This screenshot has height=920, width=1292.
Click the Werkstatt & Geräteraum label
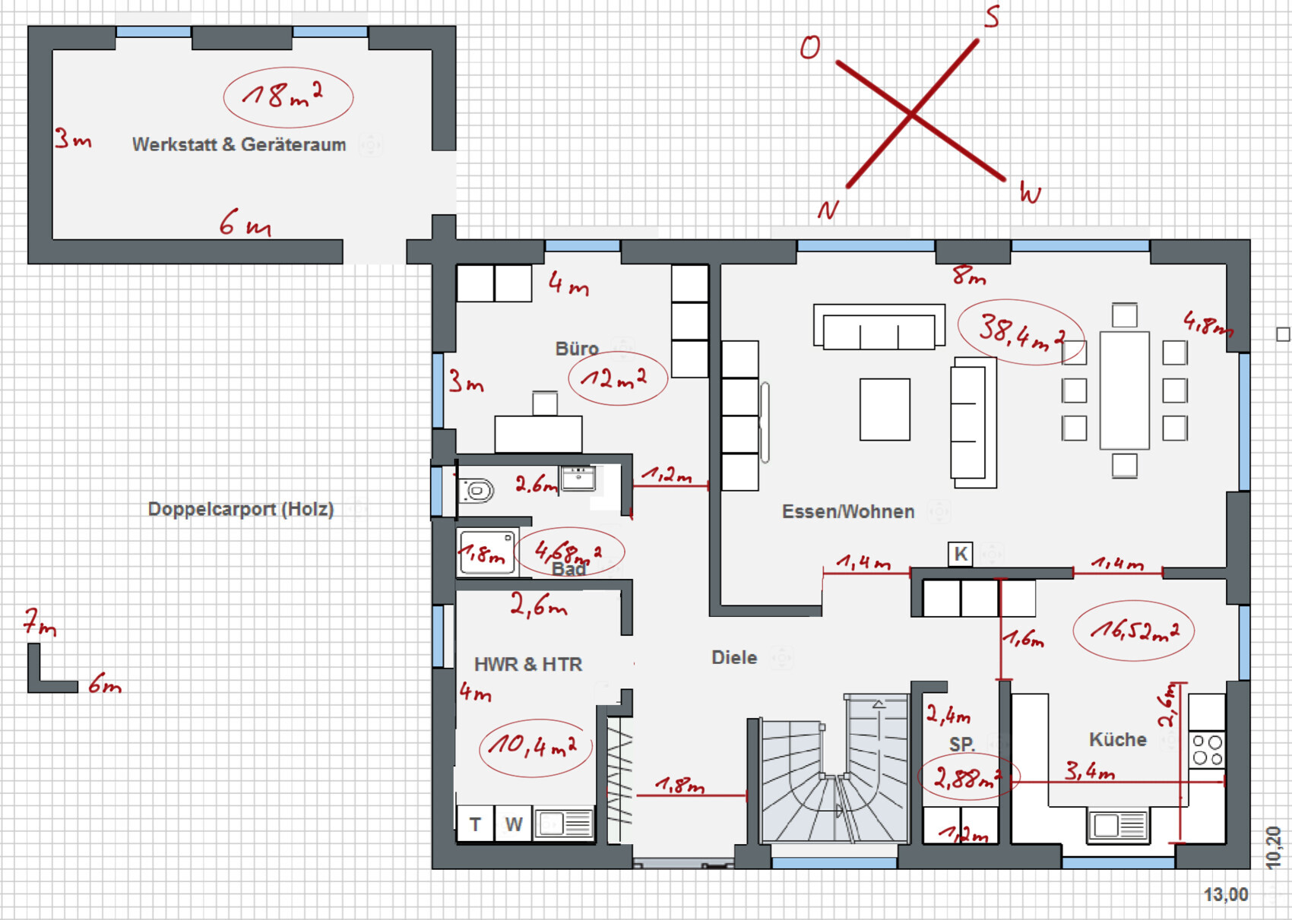point(239,144)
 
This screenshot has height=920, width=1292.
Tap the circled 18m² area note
point(288,96)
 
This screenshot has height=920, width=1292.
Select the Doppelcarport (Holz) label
point(240,510)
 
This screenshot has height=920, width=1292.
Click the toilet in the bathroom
point(477,491)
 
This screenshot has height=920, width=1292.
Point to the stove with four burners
point(1207,750)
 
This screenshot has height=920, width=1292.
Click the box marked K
point(961,554)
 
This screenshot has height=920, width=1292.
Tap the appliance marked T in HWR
point(475,824)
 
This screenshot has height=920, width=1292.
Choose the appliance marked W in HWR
point(513,824)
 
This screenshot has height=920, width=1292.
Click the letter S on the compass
point(991,17)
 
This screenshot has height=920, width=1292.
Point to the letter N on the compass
point(828,210)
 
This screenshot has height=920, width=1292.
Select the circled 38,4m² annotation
point(1021,333)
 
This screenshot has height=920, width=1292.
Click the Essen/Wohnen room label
point(848,512)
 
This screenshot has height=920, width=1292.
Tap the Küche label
point(1117,740)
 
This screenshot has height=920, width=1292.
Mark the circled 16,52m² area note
point(1133,631)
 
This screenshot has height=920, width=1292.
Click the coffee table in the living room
point(885,409)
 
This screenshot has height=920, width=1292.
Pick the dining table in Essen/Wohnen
point(1124,390)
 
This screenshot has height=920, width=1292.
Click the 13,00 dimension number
point(1226,895)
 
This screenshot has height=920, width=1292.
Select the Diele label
point(734,658)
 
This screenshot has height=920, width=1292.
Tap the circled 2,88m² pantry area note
point(968,776)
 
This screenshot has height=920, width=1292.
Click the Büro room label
point(577,349)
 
